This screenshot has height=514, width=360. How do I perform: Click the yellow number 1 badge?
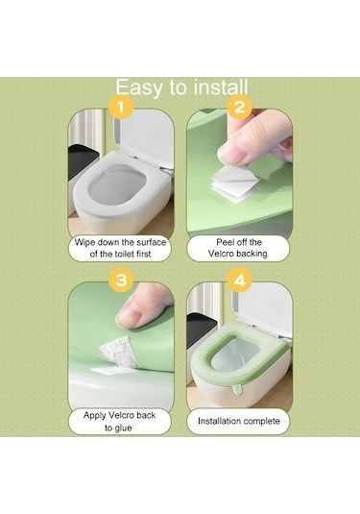click(x=121, y=108)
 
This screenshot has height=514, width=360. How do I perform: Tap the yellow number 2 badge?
click(x=240, y=108)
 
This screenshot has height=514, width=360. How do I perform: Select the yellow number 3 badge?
click(x=121, y=281)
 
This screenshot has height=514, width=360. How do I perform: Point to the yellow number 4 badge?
click(x=240, y=281)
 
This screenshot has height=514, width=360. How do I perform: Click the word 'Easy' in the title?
click(x=139, y=87)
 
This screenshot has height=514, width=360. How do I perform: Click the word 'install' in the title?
click(x=221, y=87)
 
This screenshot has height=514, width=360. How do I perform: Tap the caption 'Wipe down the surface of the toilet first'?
click(x=120, y=248)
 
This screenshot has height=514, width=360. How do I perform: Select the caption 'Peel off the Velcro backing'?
click(x=238, y=248)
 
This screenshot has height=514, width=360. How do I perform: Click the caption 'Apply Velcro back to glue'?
click(x=119, y=421)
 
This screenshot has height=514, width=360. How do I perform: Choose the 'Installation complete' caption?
click(x=239, y=421)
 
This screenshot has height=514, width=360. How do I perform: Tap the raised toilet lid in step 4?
click(x=262, y=311)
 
